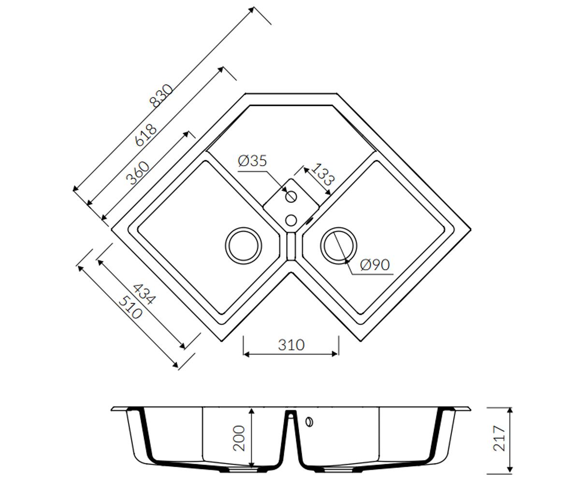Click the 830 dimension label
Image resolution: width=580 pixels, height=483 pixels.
point(161,96)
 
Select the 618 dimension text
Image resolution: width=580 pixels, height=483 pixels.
point(145,135)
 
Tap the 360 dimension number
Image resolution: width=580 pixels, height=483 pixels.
point(137,173)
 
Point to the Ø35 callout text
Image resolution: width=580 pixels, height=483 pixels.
point(252,161)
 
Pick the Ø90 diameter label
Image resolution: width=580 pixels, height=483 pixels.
point(375,265)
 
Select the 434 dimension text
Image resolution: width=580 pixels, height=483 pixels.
point(144,294)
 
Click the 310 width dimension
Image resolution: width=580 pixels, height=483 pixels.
point(291,345)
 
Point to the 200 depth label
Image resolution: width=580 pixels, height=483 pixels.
point(239,438)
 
